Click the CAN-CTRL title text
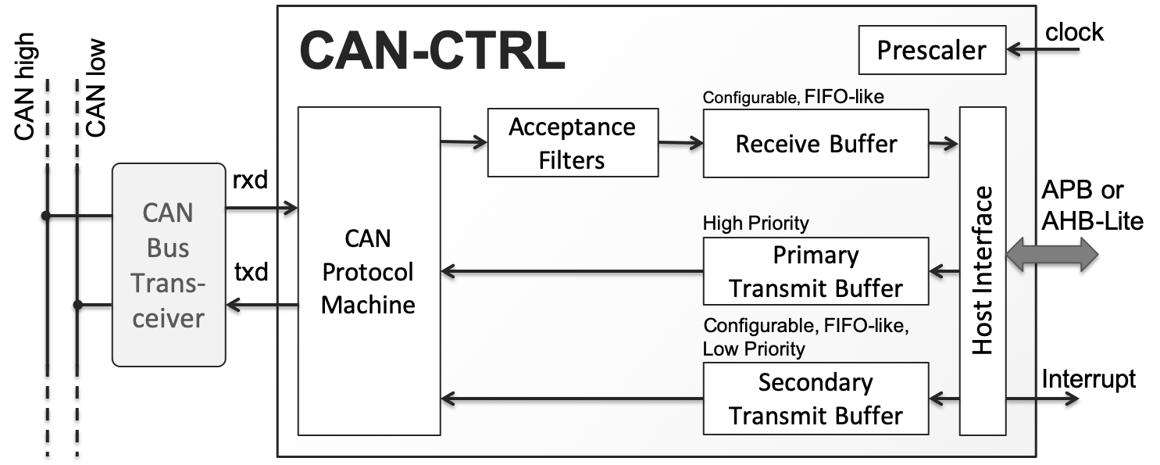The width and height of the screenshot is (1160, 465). coord(431,52)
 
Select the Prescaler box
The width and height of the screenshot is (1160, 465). coord(931,51)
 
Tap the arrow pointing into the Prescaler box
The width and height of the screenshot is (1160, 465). coord(1043,50)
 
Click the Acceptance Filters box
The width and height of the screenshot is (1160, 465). coord(572,143)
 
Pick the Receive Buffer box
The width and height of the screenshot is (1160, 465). coord(816,144)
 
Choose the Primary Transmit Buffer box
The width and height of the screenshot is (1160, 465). coord(816,272)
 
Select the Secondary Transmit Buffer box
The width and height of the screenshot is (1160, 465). coord(816,399)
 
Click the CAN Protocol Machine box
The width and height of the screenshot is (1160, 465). coord(369,271)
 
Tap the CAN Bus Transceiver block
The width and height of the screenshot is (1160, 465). coord(168,265)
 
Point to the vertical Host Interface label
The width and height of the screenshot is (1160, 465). coord(983,270)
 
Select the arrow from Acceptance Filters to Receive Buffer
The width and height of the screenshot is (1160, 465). coord(680,143)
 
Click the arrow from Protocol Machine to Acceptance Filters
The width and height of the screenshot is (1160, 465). coord(464,142)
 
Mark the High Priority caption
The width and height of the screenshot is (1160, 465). coord(755,224)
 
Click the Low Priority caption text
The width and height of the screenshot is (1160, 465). coord(753,349)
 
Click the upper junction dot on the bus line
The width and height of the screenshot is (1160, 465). coord(46,215)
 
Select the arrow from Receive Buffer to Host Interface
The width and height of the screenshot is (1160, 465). coord(944,143)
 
